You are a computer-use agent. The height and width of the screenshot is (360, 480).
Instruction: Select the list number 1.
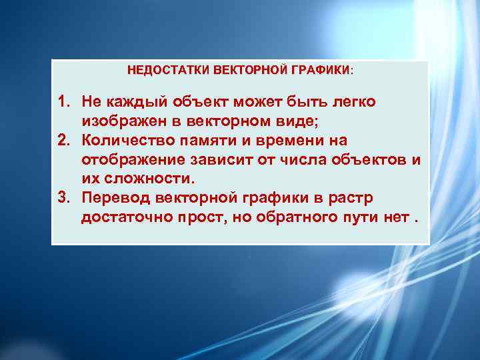(x=63, y=102)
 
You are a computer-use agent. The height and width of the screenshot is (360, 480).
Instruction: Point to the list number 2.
(x=63, y=141)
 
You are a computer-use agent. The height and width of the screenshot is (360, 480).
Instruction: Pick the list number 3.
(x=63, y=199)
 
